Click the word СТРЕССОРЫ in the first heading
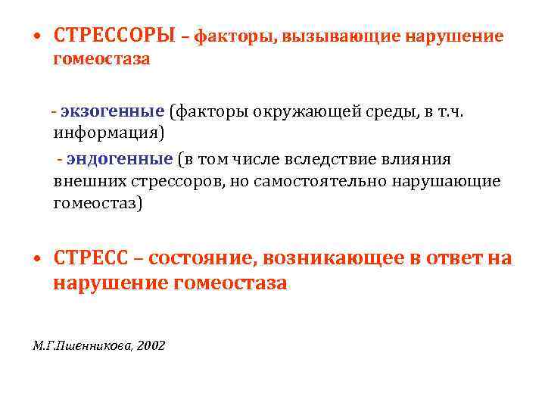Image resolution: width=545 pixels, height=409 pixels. point(114,35)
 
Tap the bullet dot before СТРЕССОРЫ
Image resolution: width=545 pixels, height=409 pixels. point(37,36)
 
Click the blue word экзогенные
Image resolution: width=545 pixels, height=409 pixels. point(113,111)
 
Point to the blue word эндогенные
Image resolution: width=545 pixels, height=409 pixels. point(120,159)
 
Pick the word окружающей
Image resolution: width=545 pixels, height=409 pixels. point(307,113)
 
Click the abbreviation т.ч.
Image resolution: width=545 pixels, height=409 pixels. point(450,112)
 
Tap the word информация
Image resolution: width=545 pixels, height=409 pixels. point(106,133)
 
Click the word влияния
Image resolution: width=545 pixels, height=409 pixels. point(416,160)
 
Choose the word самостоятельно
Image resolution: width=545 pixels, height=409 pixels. point(319,182)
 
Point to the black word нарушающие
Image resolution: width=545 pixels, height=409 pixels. point(447,182)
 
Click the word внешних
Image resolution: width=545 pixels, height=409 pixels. point(89,182)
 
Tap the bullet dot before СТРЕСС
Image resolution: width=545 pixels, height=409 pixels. point(37,258)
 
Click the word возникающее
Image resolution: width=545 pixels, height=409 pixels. point(334,259)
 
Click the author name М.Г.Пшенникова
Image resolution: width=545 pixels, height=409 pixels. point(82,345)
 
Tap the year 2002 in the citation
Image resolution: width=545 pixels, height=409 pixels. point(151,345)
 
